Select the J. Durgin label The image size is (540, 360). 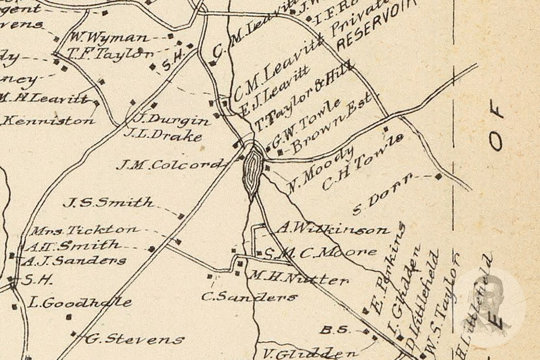(170, 120)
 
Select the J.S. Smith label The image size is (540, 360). (109, 203)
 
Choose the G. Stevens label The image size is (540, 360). (134, 339)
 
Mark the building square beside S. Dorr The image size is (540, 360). (438, 176)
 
